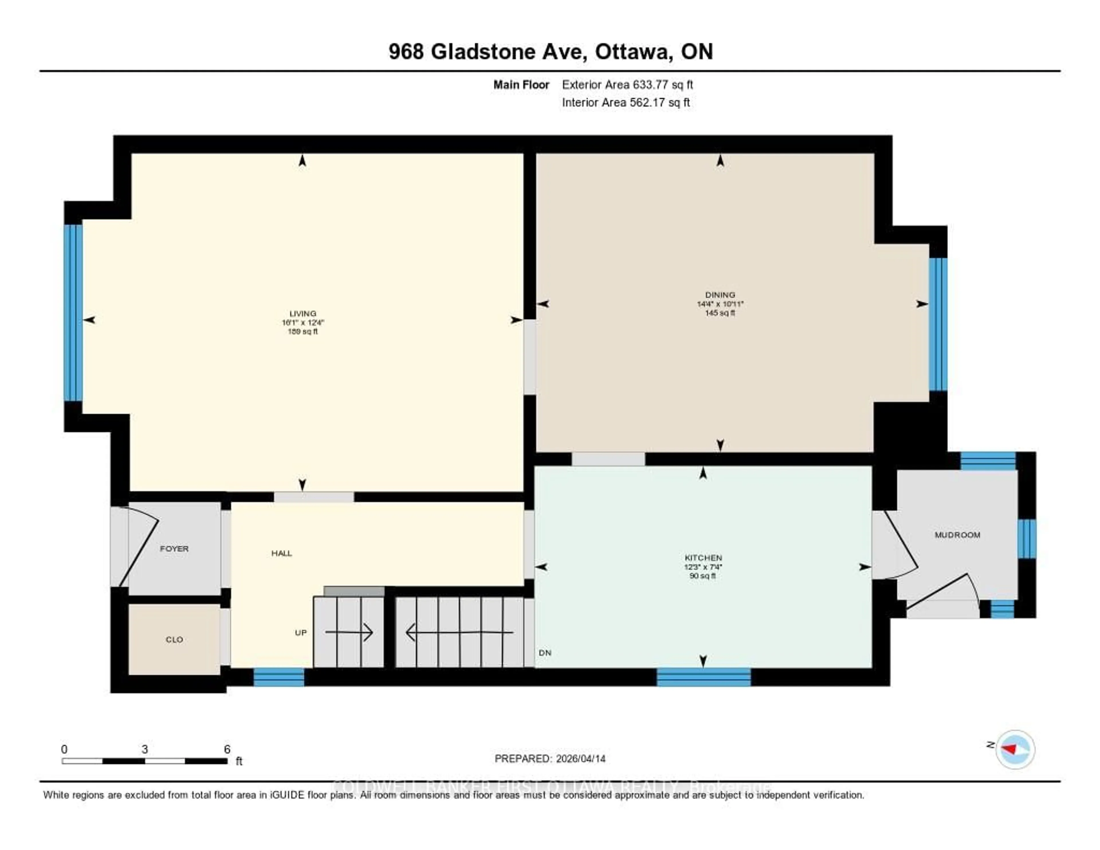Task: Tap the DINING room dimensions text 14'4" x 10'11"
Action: pos(720,304)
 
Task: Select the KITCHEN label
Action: pos(703,558)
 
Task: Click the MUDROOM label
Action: pos(957,535)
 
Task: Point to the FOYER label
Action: pos(174,549)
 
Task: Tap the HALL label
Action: pos(282,553)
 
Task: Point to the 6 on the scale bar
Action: pos(227,749)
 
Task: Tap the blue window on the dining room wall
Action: pos(938,324)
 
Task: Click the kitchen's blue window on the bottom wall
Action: pos(704,677)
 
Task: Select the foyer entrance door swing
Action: pos(139,547)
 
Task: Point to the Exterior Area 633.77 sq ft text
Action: pos(627,85)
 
